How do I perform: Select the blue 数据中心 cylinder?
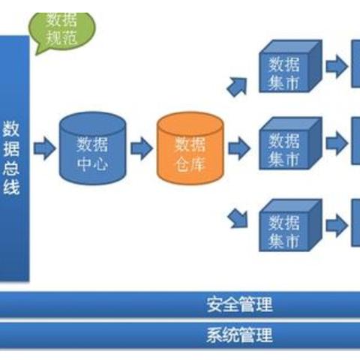tap(92, 149)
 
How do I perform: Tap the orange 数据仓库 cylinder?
tap(190, 149)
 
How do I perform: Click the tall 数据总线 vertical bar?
tap(14, 157)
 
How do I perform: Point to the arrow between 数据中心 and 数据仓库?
tap(142, 148)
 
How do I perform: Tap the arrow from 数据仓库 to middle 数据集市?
tap(238, 148)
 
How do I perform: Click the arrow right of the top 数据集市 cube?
tap(337, 67)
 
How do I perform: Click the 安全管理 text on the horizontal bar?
tap(239, 304)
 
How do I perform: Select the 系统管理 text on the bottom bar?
tap(239, 335)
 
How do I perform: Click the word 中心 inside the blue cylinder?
tap(92, 161)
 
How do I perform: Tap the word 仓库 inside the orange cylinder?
tap(190, 163)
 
